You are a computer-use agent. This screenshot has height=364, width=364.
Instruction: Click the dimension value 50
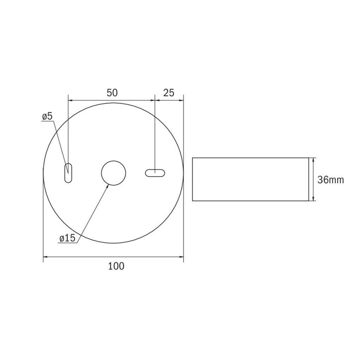pyautogui.click(x=112, y=93)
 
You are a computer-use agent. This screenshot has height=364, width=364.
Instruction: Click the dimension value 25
pyautogui.click(x=169, y=93)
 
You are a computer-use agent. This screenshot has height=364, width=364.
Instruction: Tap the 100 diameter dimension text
pyautogui.click(x=116, y=266)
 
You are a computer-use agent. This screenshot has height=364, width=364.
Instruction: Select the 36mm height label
pyautogui.click(x=331, y=180)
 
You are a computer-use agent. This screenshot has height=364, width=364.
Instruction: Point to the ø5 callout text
pyautogui.click(x=48, y=117)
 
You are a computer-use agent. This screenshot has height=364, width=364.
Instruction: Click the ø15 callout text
pyautogui.click(x=67, y=238)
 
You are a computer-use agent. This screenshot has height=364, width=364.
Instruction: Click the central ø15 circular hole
pyautogui.click(x=113, y=173)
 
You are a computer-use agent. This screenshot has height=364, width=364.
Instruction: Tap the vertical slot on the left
pyautogui.click(x=68, y=173)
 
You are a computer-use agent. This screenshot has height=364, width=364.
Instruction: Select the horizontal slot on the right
pyautogui.click(x=155, y=173)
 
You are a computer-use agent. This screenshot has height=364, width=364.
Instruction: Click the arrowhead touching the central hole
pyautogui.click(x=107, y=187)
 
